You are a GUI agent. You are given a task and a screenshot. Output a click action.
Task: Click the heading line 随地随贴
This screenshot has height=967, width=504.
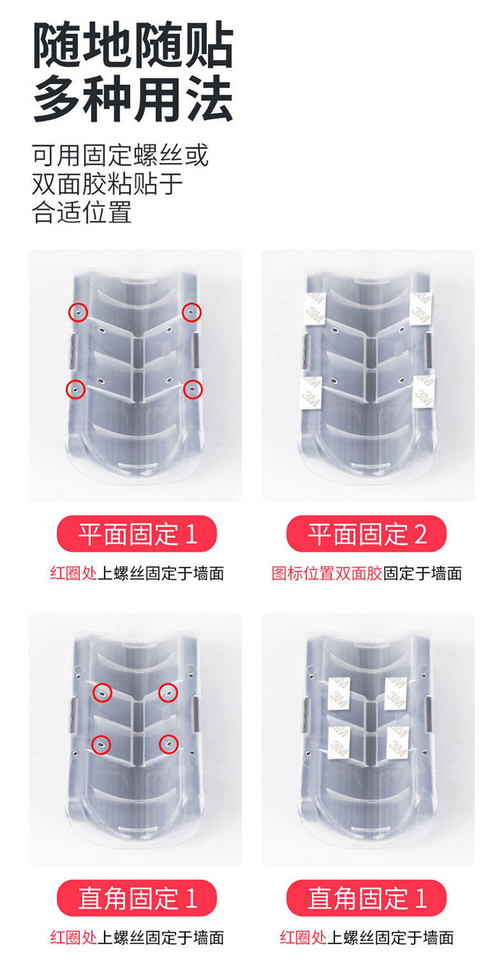click(x=133, y=45)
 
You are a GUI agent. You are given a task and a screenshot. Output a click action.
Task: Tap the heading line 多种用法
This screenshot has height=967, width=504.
click(x=133, y=99)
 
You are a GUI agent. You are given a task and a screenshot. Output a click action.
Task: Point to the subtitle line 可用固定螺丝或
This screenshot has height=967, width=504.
click(x=120, y=156)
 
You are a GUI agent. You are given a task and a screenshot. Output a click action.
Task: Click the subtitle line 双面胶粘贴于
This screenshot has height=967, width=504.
click(x=107, y=184)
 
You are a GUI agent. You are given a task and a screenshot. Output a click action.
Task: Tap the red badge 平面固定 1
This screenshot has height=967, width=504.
click(x=137, y=534)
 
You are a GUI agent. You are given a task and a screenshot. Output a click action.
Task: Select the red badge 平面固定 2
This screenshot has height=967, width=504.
click(x=366, y=534)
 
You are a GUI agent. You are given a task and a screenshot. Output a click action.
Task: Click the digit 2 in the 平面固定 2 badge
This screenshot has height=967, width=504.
click(x=420, y=534)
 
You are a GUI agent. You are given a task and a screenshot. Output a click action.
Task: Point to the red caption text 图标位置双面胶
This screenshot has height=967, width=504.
click(x=327, y=574)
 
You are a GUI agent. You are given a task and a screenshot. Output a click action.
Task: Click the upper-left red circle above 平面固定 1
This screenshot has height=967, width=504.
click(x=78, y=312)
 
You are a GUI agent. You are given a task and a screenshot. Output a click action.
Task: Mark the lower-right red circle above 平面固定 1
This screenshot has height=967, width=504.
click(x=193, y=389)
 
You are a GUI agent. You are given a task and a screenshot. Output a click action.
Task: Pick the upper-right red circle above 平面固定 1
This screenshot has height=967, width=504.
click(x=191, y=312)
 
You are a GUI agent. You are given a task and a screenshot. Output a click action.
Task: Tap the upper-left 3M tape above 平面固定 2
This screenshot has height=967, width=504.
click(x=315, y=309)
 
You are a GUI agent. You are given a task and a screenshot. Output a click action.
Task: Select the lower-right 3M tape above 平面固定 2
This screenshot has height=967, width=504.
click(x=424, y=391)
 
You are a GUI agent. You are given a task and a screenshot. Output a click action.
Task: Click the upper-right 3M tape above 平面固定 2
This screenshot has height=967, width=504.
click(x=420, y=309)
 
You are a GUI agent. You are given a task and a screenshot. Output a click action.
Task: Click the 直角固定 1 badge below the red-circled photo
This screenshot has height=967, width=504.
click(x=137, y=898)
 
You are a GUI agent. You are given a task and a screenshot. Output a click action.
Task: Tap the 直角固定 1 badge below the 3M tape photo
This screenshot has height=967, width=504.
click(x=366, y=898)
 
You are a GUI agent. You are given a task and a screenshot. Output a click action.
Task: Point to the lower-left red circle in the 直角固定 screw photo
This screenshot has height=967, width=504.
click(x=101, y=745)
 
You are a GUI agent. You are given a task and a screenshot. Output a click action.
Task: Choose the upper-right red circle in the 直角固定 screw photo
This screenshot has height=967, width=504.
click(x=168, y=693)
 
